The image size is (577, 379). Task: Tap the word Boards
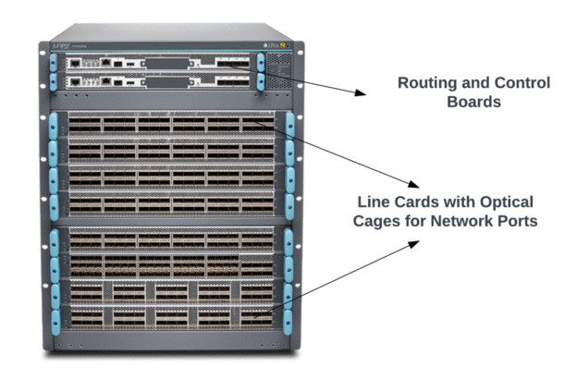coord(473,102)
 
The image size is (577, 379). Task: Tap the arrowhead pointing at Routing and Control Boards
coord(362,92)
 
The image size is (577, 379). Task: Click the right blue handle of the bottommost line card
coord(288,320)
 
